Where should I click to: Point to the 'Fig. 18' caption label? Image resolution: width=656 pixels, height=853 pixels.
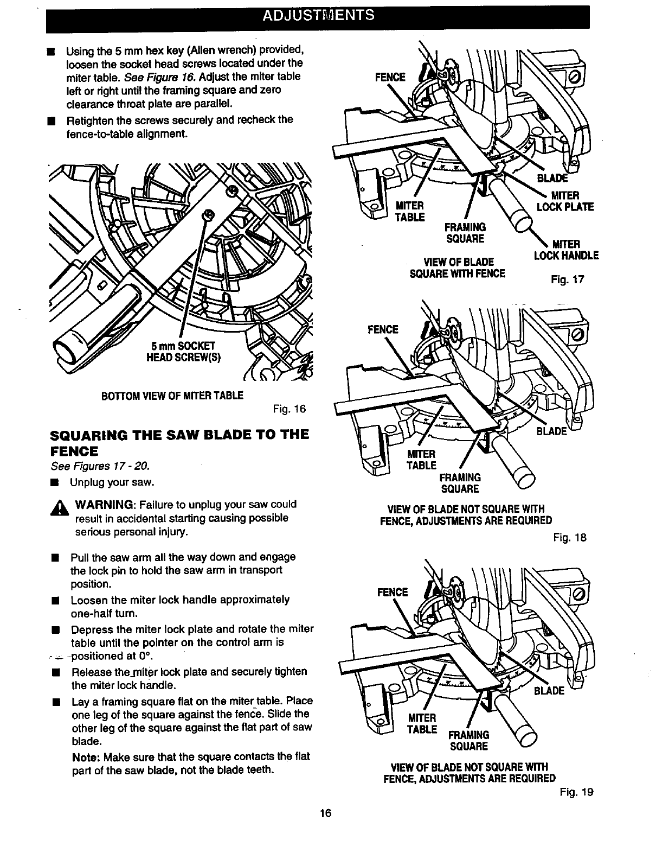(x=570, y=538)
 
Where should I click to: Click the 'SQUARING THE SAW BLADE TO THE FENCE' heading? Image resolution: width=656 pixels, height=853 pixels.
(x=179, y=442)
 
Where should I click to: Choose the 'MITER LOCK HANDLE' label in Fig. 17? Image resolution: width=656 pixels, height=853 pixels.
(x=566, y=250)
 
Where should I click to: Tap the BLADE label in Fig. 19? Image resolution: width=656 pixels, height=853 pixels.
(x=549, y=691)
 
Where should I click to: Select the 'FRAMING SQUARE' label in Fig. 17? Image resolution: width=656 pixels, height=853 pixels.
(x=465, y=232)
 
